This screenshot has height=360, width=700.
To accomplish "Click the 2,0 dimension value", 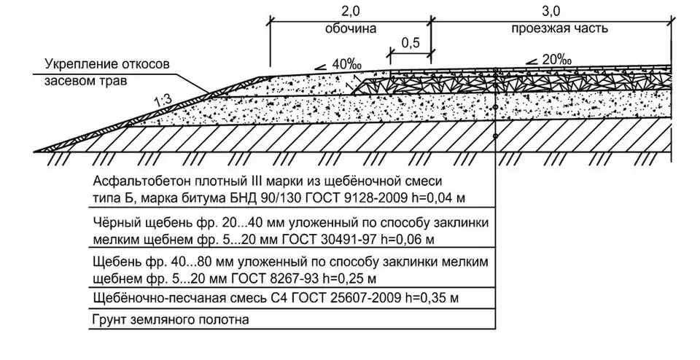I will tap(350, 12).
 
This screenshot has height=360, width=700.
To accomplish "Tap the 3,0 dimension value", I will tap(551, 12).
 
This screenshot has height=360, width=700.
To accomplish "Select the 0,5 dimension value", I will tap(411, 43).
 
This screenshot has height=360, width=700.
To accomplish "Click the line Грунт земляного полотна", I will tap(170, 319).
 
